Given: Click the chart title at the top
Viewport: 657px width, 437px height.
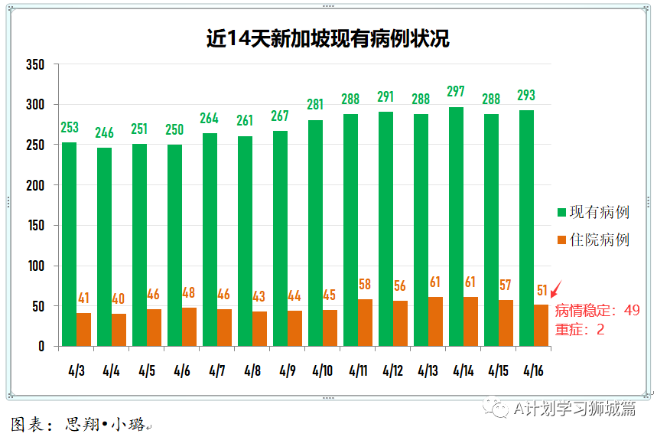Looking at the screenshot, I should point(328,39).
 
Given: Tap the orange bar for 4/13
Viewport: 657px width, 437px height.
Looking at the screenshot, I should point(434,321).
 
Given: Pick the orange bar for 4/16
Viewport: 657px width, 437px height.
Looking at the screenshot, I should point(541,325).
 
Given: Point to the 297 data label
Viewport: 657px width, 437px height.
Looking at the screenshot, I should point(456,92).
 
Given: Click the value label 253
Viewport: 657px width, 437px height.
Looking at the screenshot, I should point(69,127).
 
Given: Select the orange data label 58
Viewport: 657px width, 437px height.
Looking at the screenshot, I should point(364,285).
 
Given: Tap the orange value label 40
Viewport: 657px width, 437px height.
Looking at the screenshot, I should point(119,298).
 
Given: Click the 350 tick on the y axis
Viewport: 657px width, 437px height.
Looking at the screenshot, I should point(36,64).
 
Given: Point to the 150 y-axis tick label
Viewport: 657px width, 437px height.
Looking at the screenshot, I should point(36,226).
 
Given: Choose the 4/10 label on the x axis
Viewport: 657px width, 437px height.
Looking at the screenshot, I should point(322,371).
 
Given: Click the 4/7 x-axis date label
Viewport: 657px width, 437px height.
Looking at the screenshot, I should point(216,371).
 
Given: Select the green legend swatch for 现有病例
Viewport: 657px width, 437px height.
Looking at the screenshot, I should point(561,212).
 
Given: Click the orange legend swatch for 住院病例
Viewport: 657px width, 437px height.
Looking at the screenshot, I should point(561,240).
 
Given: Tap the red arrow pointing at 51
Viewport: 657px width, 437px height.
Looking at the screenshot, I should point(556,290).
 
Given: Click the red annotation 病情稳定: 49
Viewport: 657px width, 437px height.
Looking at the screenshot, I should point(597,311).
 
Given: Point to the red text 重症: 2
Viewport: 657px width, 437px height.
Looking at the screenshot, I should point(580,329).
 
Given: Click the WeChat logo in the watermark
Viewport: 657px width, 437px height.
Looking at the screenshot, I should point(499,408).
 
